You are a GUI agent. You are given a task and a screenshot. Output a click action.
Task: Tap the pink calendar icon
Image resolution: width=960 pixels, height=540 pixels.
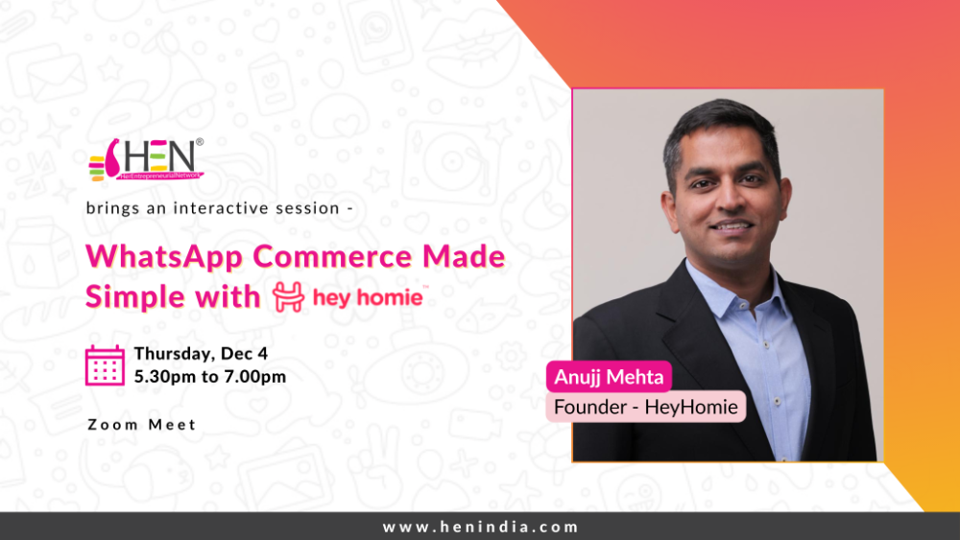105,365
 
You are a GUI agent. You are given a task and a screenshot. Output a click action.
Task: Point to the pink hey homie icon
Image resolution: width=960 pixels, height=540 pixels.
288,297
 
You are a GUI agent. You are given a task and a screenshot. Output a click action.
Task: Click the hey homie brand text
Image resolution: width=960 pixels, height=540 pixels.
367,297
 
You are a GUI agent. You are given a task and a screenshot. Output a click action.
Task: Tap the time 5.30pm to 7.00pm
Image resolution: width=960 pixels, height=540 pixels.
209,376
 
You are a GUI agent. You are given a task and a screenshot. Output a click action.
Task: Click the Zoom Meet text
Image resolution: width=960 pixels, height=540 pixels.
141,424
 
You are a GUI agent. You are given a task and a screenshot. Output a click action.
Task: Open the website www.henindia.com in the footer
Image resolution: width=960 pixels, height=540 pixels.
480,527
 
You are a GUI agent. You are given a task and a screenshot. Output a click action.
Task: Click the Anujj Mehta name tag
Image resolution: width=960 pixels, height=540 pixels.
609,377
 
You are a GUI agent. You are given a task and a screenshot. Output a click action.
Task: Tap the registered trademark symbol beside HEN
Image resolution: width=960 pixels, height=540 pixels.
200,143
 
